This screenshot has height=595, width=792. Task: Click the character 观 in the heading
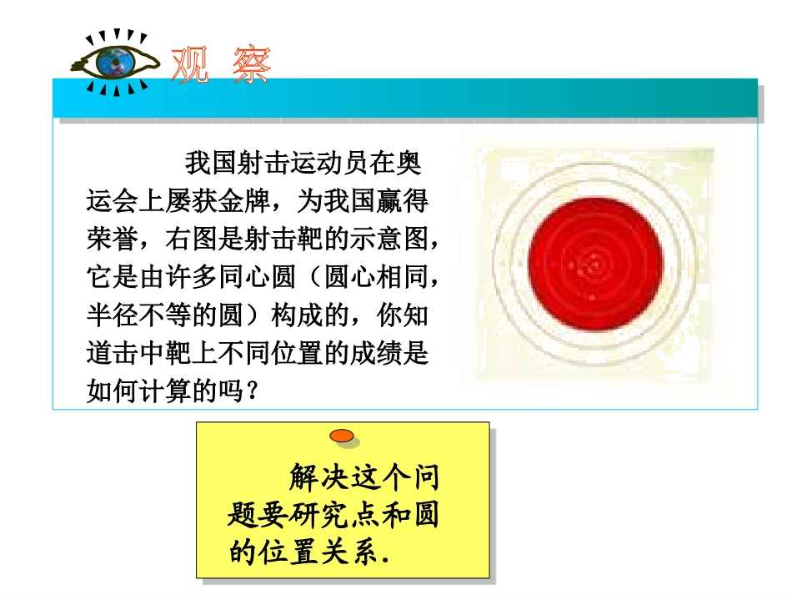point(189,64)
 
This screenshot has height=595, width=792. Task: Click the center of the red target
point(595,264)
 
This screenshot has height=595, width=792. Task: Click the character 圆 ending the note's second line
point(423,516)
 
